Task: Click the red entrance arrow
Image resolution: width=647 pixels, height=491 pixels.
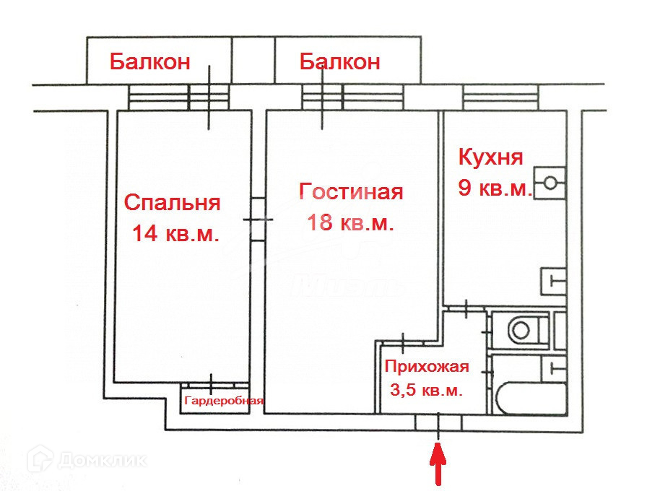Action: point(438,465)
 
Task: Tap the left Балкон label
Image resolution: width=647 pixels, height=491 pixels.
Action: point(149,62)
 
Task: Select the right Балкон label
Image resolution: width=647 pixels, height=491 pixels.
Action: point(339,62)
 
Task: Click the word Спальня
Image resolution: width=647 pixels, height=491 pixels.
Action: point(172,203)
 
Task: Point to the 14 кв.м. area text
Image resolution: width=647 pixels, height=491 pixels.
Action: point(175,234)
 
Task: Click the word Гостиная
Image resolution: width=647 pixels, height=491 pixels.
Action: point(350,192)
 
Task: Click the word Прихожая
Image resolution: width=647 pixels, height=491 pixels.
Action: point(427,366)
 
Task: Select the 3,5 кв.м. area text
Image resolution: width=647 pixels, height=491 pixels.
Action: point(426,391)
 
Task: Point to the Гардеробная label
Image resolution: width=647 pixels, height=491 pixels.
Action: point(224,401)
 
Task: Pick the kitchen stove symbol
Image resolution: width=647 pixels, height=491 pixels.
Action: point(550,183)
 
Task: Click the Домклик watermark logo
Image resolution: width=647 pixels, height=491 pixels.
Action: point(87,459)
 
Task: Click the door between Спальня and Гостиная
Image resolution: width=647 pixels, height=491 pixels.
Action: point(258,220)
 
